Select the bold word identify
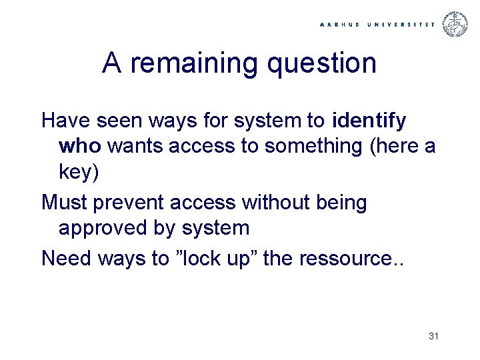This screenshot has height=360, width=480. click(368, 121)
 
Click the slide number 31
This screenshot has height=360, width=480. click(433, 337)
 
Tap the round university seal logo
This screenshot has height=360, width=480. click(457, 24)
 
